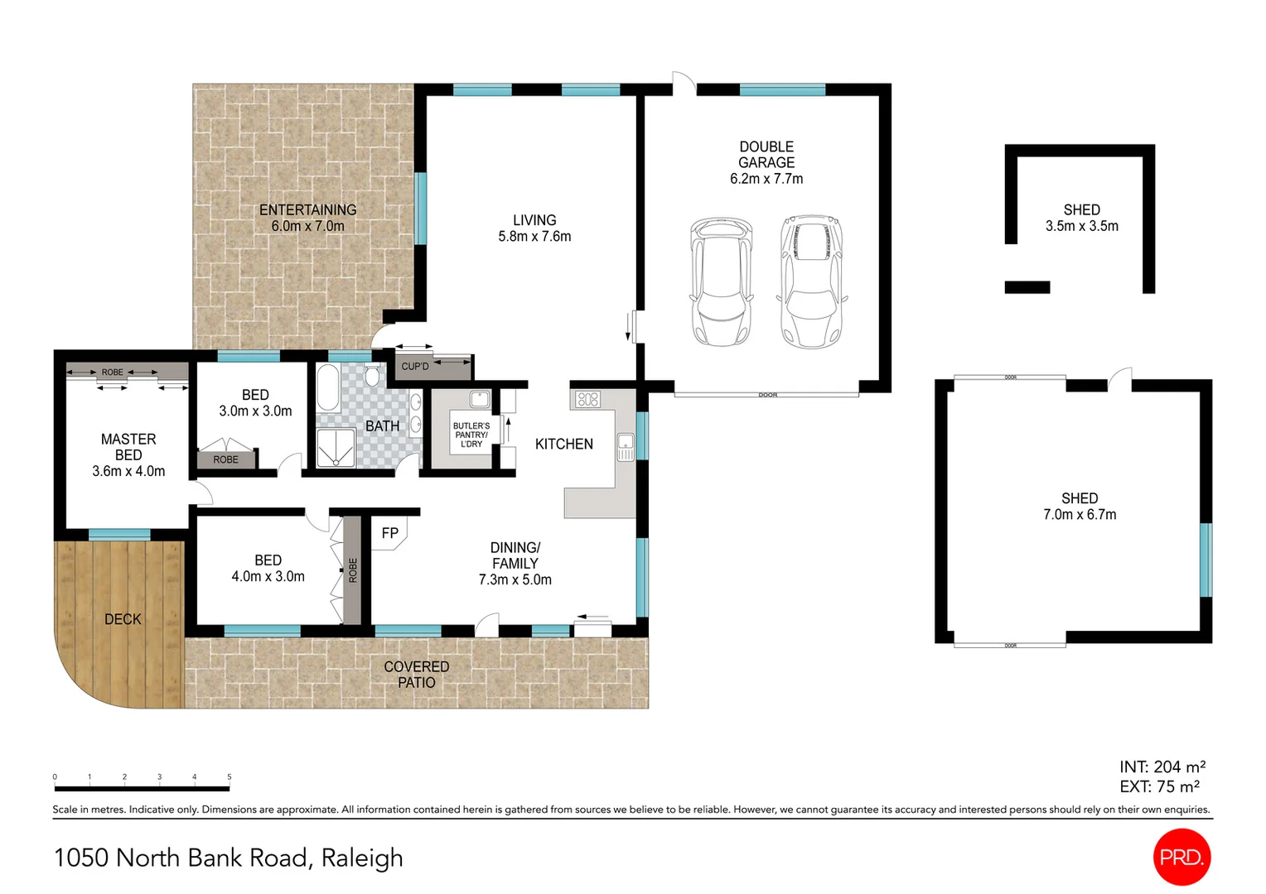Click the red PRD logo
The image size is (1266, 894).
[x=1181, y=857]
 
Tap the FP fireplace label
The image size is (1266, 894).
[x=390, y=532]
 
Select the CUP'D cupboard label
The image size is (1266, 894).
[x=415, y=367]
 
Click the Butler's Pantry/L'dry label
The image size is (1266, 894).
[x=471, y=435]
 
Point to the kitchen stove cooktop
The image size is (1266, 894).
[x=587, y=399]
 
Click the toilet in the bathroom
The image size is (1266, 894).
[x=372, y=375]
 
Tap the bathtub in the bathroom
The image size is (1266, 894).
[x=328, y=387]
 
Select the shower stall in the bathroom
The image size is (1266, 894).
[x=336, y=449]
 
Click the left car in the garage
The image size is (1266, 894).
[x=721, y=281]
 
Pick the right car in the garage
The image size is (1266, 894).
[x=812, y=281]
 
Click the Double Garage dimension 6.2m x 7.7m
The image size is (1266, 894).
[x=766, y=179]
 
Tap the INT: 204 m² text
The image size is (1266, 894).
[x=1162, y=767]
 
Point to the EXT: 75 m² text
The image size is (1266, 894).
[x=1160, y=786]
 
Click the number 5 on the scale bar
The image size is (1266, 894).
[x=229, y=776]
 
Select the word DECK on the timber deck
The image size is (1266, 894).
[x=123, y=619]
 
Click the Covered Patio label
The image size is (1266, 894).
[x=417, y=675]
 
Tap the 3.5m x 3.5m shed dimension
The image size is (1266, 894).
[x=1082, y=227]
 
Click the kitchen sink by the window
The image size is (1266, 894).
[x=626, y=447]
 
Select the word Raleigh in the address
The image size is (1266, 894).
[x=362, y=858]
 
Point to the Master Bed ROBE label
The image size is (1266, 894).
[x=112, y=372]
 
